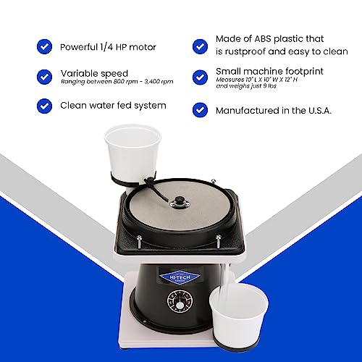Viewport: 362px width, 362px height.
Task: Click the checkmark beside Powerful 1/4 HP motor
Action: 43,46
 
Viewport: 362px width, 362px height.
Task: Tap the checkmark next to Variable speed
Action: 43,77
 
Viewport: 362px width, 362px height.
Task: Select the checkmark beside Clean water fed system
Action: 43,106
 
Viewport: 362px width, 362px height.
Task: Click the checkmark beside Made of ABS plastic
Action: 201,46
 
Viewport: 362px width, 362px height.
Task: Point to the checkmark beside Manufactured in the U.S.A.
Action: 201,110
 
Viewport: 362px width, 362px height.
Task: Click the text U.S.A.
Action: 319,111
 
